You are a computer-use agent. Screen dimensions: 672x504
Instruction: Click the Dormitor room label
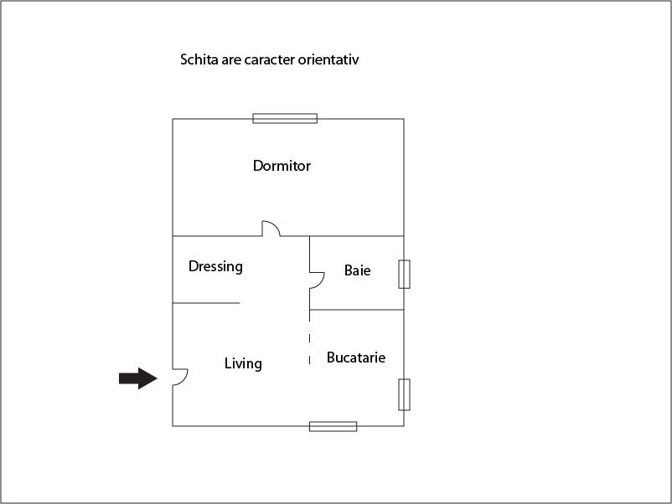point(282,166)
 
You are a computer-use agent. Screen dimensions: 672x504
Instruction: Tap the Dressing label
point(215,266)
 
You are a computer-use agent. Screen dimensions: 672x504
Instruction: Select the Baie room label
point(358,270)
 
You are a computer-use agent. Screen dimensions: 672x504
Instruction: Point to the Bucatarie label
point(356,357)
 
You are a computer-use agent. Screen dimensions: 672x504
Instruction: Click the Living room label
point(243,363)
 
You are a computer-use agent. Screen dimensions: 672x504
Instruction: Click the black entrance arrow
point(138,378)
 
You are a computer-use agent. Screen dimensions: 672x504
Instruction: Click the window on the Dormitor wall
point(285,119)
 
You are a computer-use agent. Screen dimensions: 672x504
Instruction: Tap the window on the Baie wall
point(404,274)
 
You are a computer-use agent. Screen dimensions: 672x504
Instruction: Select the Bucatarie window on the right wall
point(404,395)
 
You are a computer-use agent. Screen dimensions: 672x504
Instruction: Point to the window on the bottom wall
point(333,426)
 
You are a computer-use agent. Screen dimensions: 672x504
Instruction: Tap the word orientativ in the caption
point(328,59)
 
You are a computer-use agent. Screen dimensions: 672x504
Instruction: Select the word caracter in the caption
point(270,59)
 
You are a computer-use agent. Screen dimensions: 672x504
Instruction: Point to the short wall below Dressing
point(206,303)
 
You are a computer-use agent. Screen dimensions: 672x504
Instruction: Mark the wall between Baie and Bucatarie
point(357,310)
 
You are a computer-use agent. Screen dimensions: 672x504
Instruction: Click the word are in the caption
point(231,60)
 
